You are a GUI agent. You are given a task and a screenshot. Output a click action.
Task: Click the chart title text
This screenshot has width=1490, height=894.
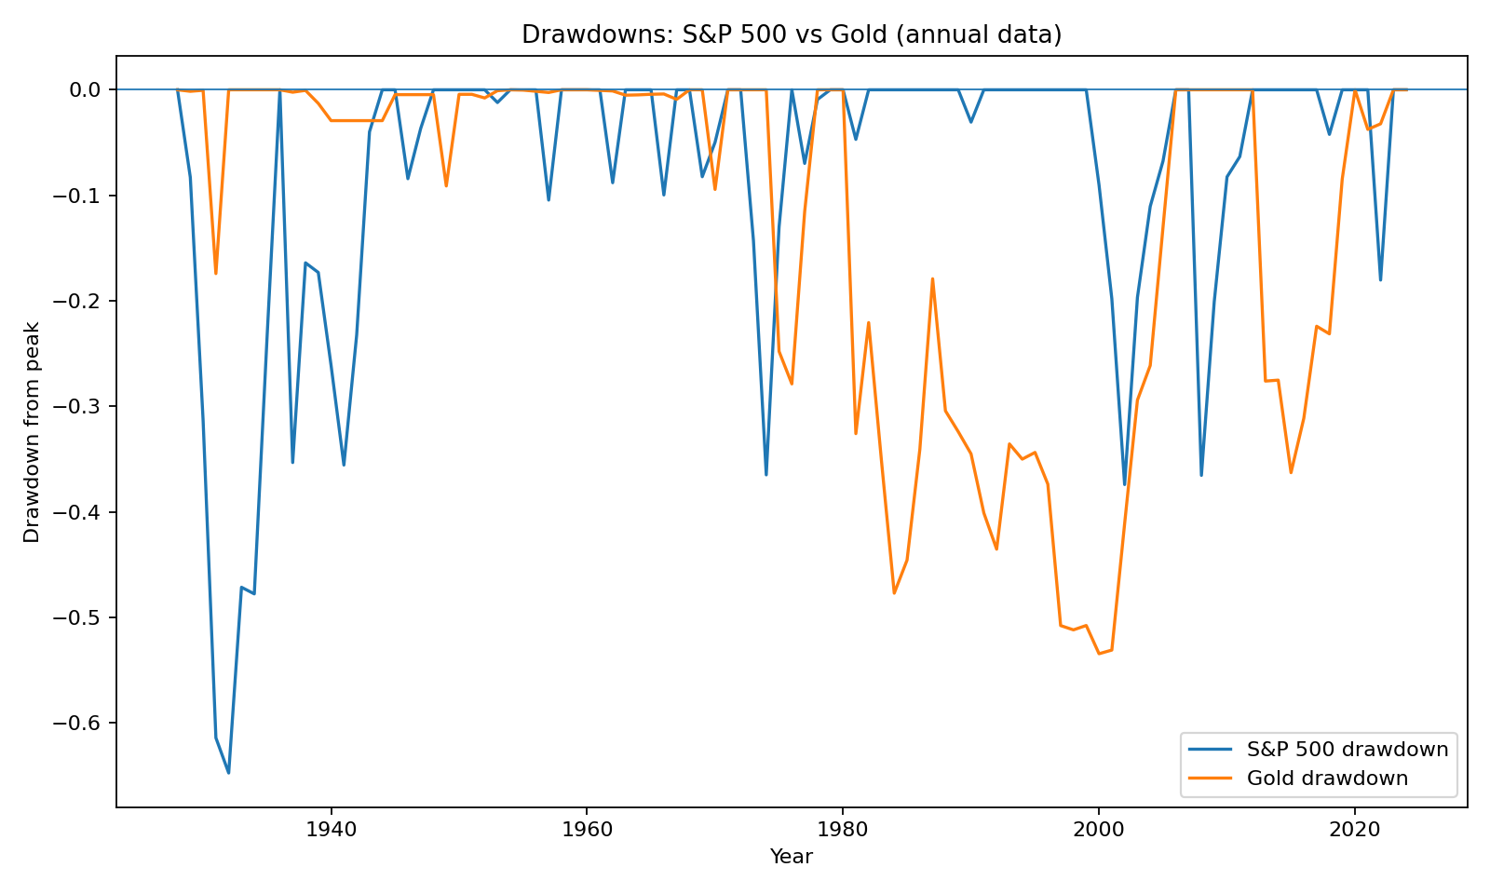[x=792, y=34]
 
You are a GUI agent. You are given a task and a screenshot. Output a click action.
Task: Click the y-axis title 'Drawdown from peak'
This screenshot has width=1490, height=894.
[x=33, y=432]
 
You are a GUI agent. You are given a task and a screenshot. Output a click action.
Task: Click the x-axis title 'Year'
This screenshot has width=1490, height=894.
[x=792, y=857]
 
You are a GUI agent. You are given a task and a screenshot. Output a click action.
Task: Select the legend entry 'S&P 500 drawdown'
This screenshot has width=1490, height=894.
[x=1347, y=750]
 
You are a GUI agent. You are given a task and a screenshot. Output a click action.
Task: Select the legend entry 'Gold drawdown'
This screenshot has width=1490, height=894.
[x=1326, y=778]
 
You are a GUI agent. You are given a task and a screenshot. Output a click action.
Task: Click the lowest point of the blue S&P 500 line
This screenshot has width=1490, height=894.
[x=228, y=773]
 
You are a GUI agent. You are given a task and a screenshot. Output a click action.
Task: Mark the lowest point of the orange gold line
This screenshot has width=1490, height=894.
[x=1099, y=654]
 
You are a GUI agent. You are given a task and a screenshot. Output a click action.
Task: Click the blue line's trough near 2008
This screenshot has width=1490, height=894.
[x=1201, y=475]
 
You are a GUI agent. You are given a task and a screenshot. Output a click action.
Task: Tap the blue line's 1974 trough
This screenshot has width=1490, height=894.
[x=765, y=475]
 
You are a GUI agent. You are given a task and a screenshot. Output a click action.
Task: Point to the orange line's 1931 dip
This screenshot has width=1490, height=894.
[x=216, y=273]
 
